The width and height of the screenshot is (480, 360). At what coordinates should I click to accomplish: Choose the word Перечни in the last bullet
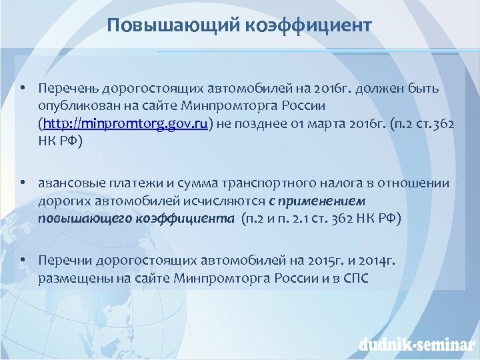tap(65, 261)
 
